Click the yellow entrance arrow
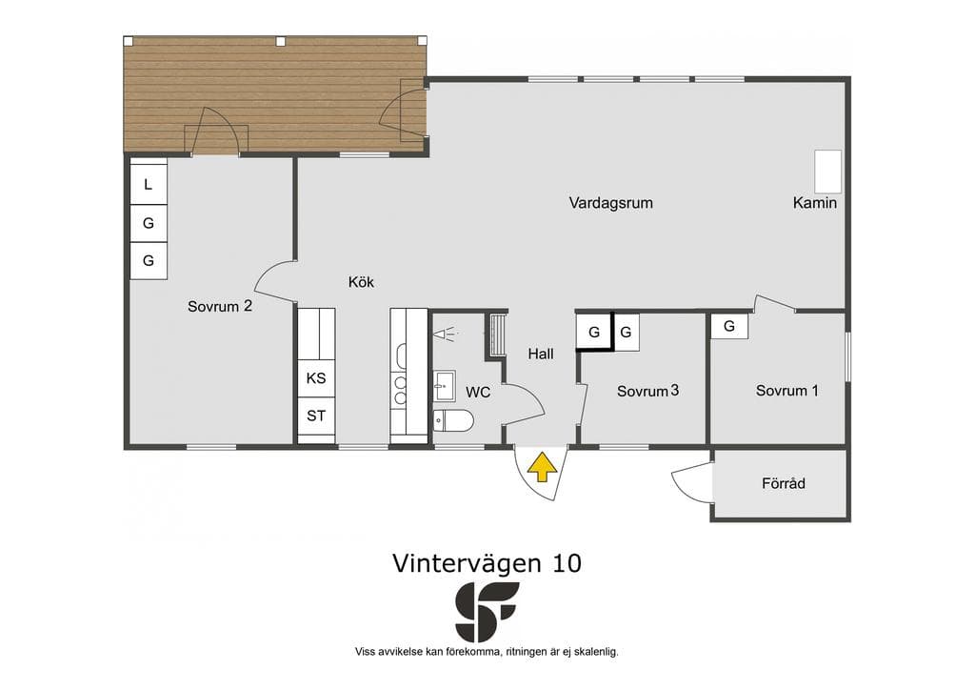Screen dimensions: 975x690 tap(542, 467)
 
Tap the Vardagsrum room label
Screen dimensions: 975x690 tap(610, 203)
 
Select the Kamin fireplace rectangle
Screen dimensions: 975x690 tap(828, 172)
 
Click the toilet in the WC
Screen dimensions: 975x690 tap(453, 420)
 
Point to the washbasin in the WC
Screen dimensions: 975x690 tap(444, 386)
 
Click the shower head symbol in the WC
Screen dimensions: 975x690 tap(446, 335)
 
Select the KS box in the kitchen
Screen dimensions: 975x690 tap(316, 378)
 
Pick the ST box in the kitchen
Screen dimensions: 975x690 tap(316, 416)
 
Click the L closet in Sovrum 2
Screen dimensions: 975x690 tap(148, 184)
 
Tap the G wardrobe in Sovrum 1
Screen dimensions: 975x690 tap(728, 325)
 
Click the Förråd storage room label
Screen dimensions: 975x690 tap(784, 483)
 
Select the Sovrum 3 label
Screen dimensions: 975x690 tap(647, 391)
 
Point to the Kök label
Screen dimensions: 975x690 tap(361, 282)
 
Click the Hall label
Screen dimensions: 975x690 tap(541, 354)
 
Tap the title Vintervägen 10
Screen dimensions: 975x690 tap(487, 563)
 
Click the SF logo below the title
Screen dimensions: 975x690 tap(487, 612)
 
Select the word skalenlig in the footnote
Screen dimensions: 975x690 tap(595, 652)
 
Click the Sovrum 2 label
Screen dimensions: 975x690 tap(220, 306)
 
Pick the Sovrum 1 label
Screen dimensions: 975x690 tap(787, 391)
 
